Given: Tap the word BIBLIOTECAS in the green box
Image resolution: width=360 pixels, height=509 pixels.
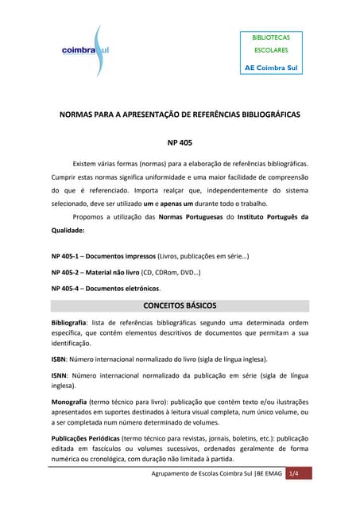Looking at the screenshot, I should click(x=271, y=37).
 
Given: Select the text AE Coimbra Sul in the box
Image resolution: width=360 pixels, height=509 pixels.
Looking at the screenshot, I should click(x=270, y=66).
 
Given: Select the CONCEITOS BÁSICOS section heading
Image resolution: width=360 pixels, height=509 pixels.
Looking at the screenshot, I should click(x=180, y=305).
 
